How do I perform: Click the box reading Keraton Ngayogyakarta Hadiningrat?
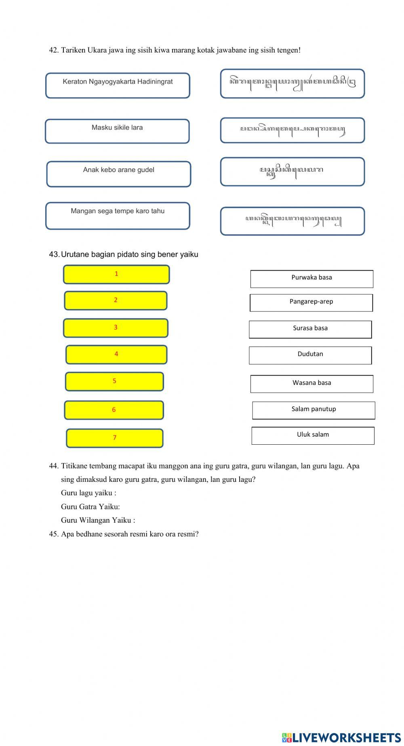click(118, 86)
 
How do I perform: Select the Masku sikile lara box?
click(117, 131)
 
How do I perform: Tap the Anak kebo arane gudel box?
click(118, 174)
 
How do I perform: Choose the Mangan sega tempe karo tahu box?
click(118, 216)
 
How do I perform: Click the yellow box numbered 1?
click(116, 275)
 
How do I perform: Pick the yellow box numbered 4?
click(116, 355)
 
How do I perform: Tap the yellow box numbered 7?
click(115, 438)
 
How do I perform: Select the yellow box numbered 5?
click(114, 382)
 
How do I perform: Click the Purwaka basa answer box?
click(311, 279)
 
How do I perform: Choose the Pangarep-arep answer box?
click(311, 303)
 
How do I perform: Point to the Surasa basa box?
click(310, 330)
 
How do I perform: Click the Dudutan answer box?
click(310, 355)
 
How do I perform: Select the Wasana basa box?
click(311, 384)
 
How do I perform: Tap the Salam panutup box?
click(314, 410)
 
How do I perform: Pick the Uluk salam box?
click(313, 436)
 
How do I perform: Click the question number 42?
click(54, 50)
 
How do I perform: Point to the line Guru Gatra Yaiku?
click(90, 506)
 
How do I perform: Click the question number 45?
click(54, 534)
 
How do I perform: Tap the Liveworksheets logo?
click(341, 737)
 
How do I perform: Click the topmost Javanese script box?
click(292, 84)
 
